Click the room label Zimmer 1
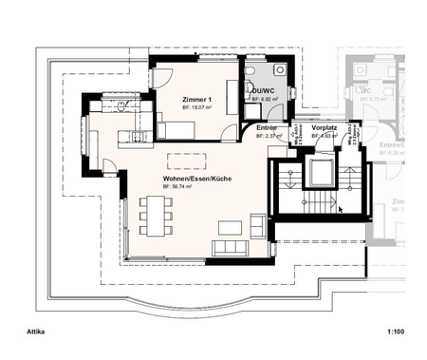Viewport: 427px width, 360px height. [197, 100]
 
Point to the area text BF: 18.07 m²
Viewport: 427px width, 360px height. [199, 109]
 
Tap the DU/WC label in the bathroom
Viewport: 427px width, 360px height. [262, 90]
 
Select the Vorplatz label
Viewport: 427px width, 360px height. [325, 126]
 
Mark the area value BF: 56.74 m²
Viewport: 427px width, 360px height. [178, 188]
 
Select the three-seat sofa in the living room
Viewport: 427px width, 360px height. [231, 249]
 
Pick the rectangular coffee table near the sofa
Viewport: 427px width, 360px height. [231, 228]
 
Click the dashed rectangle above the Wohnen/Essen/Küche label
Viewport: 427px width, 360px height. [186, 159]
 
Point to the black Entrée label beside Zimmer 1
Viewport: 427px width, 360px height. [267, 126]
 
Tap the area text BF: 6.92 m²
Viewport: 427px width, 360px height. [263, 99]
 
